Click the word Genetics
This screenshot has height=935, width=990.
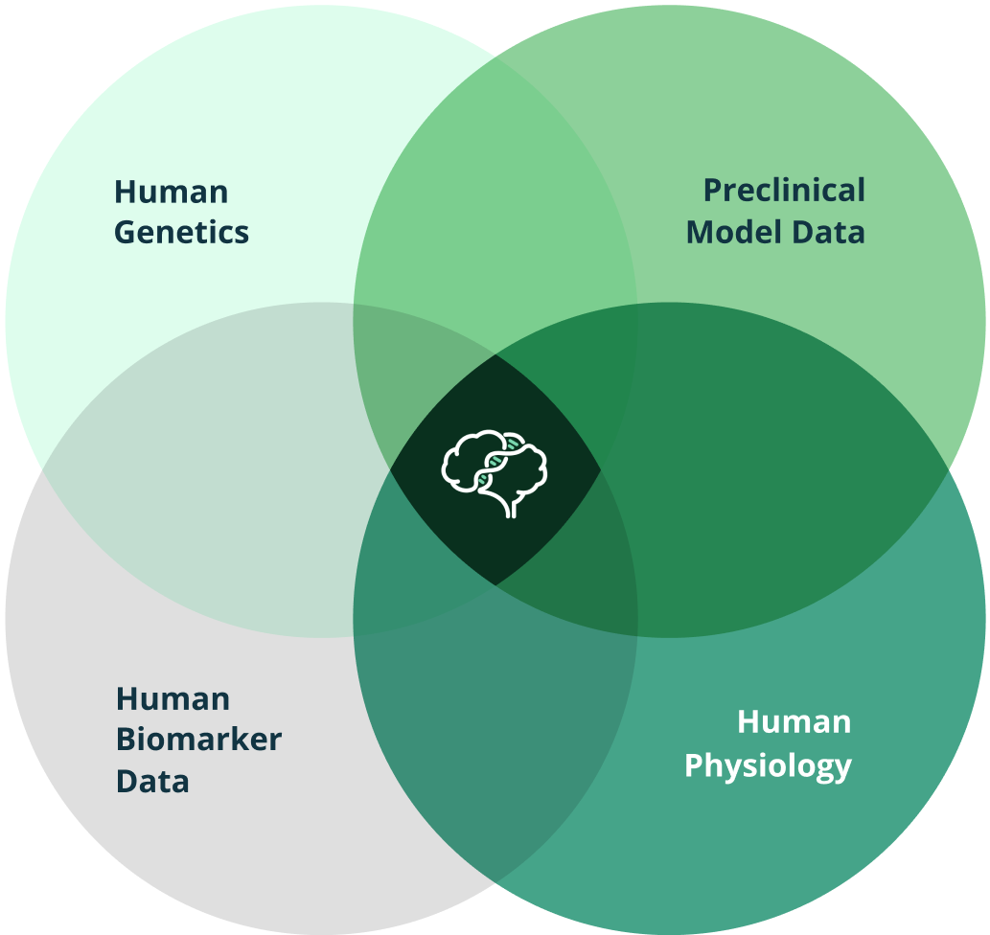tap(181, 233)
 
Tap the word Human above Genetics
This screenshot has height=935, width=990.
tap(172, 192)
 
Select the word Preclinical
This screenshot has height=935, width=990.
tap(784, 191)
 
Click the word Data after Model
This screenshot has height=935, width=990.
tap(829, 232)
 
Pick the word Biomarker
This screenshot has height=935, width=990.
tap(199, 740)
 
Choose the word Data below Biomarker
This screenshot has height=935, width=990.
tap(152, 781)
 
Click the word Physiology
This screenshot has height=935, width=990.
tap(768, 765)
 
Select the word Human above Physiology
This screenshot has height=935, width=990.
tap(794, 721)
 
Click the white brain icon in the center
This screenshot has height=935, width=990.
tap(495, 470)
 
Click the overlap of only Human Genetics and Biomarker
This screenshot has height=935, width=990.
tap(192, 469)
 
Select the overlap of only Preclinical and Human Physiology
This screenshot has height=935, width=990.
tap(795, 469)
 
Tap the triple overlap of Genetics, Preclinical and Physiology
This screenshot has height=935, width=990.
tap(585, 383)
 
